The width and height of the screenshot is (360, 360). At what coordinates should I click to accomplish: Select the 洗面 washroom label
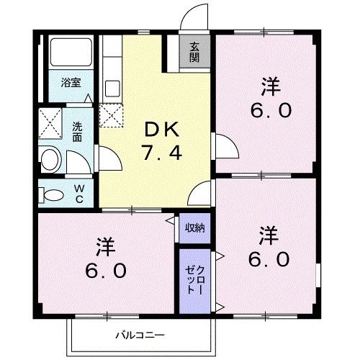pyautogui.click(x=77, y=131)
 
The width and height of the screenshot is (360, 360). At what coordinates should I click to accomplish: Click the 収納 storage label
pyautogui.click(x=194, y=228)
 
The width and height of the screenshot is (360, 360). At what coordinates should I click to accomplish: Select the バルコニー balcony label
pyautogui.click(x=140, y=335)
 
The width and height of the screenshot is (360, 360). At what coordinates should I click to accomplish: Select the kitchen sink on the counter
pyautogui.click(x=112, y=89)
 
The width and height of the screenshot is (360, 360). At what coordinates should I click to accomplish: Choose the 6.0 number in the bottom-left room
pyautogui.click(x=107, y=271)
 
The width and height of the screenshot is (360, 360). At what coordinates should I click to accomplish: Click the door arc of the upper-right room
pyautogui.click(x=225, y=146)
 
